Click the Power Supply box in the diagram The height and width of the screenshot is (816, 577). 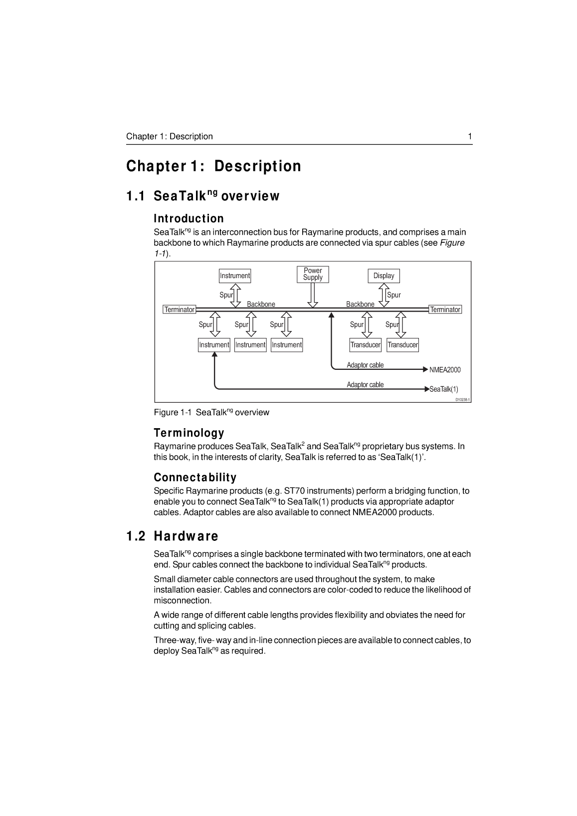tap(313, 274)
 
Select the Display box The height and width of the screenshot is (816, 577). tap(384, 276)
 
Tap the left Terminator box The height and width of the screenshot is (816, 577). tap(180, 310)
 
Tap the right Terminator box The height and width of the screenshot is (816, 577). tap(445, 310)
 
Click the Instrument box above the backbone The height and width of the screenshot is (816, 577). tap(235, 276)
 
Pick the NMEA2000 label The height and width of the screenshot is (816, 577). tap(445, 370)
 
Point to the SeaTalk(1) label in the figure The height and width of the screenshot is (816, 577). tap(444, 389)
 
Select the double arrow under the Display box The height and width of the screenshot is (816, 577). tap(384, 295)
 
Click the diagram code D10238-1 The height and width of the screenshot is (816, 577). tap(462, 400)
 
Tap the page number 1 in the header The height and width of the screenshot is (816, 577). tap(470, 137)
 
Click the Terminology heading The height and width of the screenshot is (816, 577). tap(189, 433)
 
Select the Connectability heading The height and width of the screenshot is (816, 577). tap(195, 478)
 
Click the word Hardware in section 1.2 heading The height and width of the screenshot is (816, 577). tap(186, 536)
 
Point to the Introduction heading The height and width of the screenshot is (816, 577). tap(189, 219)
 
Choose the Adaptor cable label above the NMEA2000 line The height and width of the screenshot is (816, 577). tap(365, 365)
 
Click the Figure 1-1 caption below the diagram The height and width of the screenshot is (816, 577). tap(211, 412)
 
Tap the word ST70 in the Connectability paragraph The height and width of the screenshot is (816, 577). tap(294, 491)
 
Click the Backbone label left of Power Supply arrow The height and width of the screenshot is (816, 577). tap(261, 304)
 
